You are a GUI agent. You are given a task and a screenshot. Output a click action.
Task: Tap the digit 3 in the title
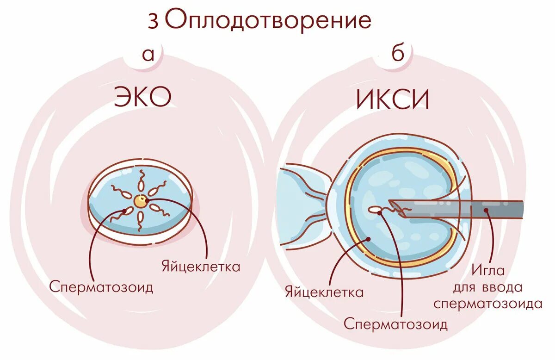pos(153,21)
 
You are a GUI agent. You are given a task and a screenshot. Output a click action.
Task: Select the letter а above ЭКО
pos(148,55)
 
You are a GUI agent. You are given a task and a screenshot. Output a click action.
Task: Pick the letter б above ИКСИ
pos(397,54)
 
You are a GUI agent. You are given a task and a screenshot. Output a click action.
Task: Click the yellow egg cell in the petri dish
pos(140,201)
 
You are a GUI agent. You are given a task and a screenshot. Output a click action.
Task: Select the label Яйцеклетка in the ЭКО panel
pos(201,267)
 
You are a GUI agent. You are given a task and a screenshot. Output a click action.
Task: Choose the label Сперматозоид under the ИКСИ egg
pos(395,323)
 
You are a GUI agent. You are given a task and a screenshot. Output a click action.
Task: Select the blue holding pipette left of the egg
pos(301,204)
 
